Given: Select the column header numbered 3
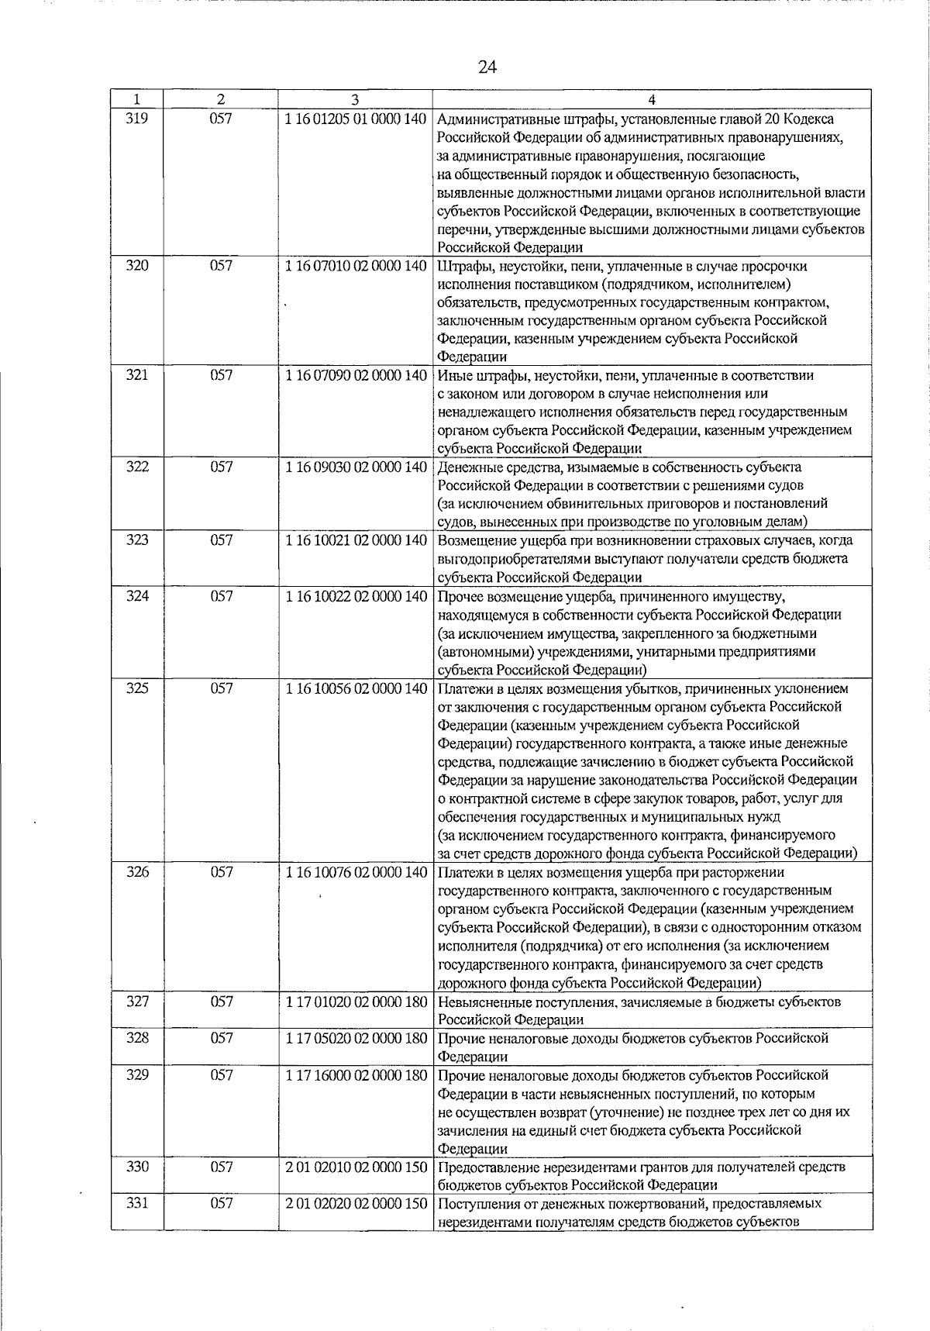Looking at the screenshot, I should [353, 100].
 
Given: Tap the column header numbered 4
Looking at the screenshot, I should [652, 100].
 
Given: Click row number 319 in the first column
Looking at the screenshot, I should [136, 119].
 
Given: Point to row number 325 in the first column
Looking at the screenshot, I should [136, 688].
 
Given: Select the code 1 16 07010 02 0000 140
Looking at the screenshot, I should [356, 266].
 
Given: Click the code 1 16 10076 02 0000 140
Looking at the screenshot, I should [356, 872].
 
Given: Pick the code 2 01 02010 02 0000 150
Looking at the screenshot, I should [356, 1167].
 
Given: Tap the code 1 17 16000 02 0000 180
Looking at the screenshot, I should [356, 1075].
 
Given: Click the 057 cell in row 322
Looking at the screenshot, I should [221, 467].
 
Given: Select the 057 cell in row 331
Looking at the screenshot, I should [221, 1203].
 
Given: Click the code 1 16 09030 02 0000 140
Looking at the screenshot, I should [356, 467].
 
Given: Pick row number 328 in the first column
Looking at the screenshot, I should [136, 1038].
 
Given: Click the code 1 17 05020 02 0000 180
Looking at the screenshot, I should [356, 1038].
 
